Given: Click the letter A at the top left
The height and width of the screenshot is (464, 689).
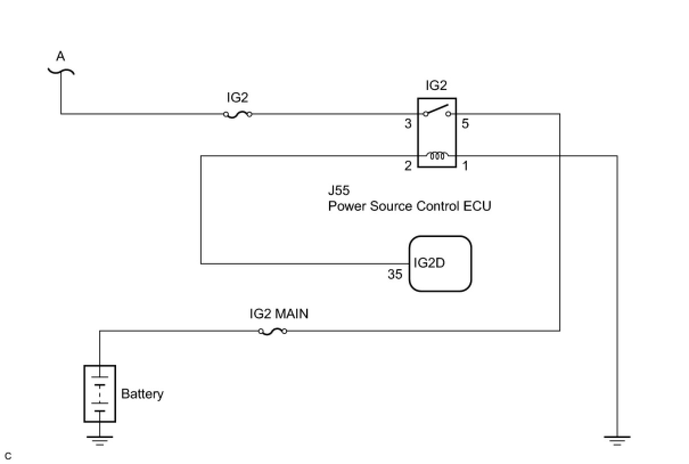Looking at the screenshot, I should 60,57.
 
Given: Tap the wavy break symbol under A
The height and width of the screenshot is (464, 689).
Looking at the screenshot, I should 60,71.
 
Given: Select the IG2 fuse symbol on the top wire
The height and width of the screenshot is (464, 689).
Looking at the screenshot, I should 238,114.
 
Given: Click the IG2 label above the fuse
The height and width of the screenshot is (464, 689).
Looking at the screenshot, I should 238,97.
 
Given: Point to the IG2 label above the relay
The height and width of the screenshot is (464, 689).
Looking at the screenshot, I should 436,86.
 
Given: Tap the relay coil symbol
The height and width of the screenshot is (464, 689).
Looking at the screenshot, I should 437,156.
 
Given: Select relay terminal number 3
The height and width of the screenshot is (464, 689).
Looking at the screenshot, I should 408,123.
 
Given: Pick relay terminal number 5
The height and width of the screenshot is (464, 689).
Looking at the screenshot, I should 465,123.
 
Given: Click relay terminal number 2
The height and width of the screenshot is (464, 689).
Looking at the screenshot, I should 408,166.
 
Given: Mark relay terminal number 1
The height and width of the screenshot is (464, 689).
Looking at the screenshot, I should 465,166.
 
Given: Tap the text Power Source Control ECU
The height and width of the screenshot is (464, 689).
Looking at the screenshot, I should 409,206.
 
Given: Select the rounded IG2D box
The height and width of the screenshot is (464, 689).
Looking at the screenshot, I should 440,264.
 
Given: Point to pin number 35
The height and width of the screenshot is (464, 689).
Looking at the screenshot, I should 395,275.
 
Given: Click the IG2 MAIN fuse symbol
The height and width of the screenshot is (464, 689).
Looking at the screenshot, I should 273,331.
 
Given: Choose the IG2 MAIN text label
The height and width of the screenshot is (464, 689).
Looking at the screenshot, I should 279,314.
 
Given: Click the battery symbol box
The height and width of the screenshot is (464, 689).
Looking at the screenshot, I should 100,393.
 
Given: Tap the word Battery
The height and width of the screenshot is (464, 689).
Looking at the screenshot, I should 142,394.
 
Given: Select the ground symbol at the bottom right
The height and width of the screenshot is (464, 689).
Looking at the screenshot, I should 617,439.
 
